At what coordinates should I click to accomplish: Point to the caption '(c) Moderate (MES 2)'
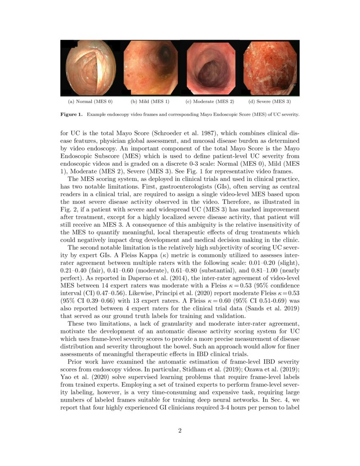[210, 102]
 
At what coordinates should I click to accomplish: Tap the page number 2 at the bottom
[180, 431]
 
